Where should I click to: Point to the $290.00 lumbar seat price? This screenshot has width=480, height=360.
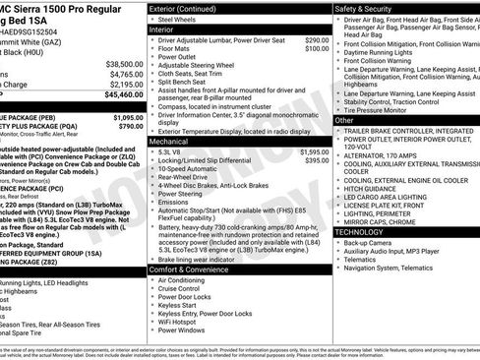pos(317,40)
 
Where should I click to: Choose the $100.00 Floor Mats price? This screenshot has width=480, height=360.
pos(317,49)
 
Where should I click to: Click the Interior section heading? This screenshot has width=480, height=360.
pos(163,30)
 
